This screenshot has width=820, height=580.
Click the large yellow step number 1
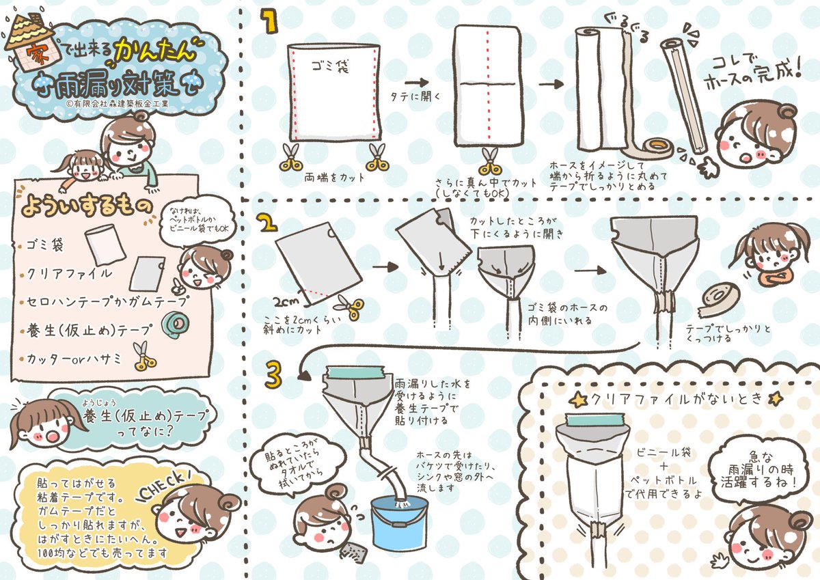point(269,21)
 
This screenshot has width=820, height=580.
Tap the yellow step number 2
point(268,222)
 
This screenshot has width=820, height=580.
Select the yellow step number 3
point(273,375)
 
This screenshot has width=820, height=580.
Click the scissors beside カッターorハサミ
point(144,356)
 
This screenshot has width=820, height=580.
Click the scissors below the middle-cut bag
point(490,162)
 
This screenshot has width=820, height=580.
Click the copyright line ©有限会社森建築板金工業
point(118,104)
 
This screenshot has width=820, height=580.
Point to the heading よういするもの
point(87,206)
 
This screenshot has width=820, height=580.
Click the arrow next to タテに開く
point(417,83)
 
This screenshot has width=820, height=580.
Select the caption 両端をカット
point(335,178)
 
